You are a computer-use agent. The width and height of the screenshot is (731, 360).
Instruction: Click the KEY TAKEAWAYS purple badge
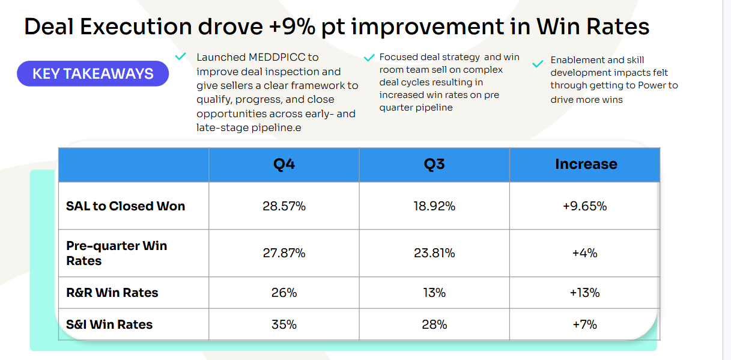coord(93,74)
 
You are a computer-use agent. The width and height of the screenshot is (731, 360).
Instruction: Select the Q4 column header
coord(284,164)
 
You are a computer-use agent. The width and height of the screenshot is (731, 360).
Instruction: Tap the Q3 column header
coord(434,164)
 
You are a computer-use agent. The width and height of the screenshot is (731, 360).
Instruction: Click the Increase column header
coord(586,164)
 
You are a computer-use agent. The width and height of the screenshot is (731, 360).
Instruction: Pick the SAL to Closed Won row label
coord(126,206)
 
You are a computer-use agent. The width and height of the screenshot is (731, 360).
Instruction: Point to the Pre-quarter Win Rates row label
coord(117,253)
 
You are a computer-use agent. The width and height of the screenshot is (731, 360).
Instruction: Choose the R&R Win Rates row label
coord(112,293)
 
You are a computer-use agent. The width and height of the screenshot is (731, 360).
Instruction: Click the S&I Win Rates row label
coord(109,325)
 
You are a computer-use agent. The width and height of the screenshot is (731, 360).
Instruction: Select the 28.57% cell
coord(284,206)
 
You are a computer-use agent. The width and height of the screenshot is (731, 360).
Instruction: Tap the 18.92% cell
coord(434,206)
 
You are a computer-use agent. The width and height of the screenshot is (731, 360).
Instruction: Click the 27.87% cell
coord(284,253)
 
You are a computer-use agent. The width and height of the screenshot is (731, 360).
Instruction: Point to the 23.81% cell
coord(434,253)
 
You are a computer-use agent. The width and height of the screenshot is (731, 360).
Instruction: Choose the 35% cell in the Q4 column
coord(284,325)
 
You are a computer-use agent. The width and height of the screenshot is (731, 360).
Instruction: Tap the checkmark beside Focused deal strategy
coord(369,58)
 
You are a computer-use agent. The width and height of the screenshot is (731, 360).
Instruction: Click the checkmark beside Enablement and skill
coord(538,63)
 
